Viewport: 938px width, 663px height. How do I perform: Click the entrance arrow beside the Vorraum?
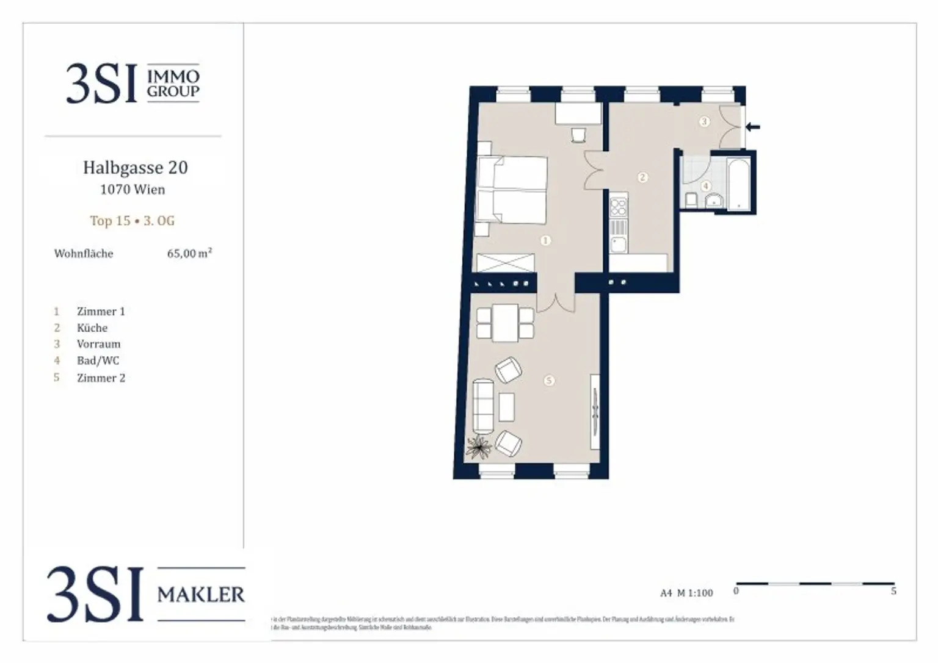(753, 127)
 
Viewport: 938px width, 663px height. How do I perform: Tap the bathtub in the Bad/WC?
(738, 183)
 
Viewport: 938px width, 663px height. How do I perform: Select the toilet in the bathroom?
(692, 199)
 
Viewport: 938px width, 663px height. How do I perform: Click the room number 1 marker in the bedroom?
(545, 240)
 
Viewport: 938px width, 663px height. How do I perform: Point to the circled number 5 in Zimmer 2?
(548, 381)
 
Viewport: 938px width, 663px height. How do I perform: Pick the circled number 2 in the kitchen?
(642, 177)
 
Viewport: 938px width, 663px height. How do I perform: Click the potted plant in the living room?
(479, 446)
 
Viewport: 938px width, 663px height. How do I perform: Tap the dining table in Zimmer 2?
(505, 323)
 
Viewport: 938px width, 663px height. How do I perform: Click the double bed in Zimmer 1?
(512, 190)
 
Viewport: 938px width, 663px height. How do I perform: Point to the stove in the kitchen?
(619, 205)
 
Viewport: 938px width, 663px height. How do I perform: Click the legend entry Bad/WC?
(98, 360)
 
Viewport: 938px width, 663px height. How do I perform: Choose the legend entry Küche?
(92, 328)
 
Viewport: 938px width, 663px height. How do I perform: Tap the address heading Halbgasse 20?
(135, 168)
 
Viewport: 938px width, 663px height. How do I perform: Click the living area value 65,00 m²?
(189, 253)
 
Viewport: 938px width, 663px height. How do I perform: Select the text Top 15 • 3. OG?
(133, 221)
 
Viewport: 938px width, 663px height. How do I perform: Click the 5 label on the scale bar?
(893, 591)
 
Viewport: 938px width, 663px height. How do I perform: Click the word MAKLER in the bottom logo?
(201, 594)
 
